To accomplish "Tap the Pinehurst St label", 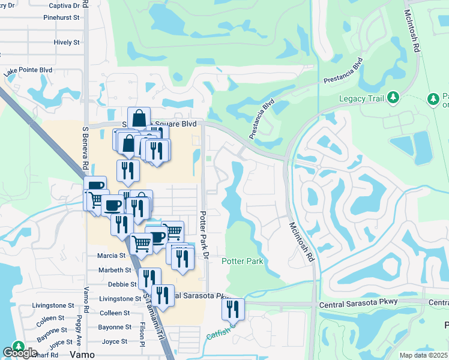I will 62,18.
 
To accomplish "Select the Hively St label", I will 67,43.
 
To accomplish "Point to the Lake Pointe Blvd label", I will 28,71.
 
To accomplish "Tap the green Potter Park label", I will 243,262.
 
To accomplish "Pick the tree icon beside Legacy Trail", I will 393,97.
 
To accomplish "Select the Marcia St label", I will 110,256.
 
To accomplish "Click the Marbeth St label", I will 114,271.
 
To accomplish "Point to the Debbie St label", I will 118,284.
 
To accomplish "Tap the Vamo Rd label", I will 86,299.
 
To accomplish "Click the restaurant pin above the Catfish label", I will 233,310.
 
